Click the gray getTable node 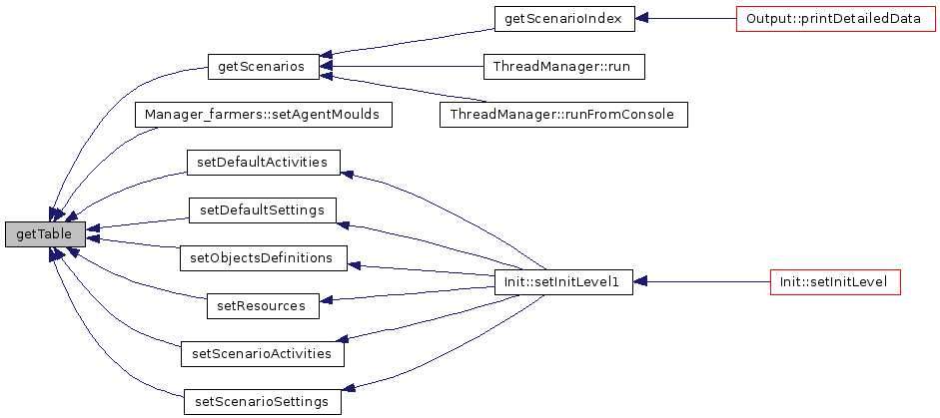(45, 234)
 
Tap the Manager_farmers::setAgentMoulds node (263, 114)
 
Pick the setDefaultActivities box (263, 163)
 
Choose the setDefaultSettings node (263, 210)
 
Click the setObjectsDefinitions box (264, 258)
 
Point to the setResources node (263, 306)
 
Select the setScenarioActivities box (263, 354)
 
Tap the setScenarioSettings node (263, 402)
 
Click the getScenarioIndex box (564, 19)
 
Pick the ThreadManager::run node (564, 67)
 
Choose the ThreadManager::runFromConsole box (563, 114)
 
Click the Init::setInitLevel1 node (564, 282)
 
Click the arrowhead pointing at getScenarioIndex (641, 19)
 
